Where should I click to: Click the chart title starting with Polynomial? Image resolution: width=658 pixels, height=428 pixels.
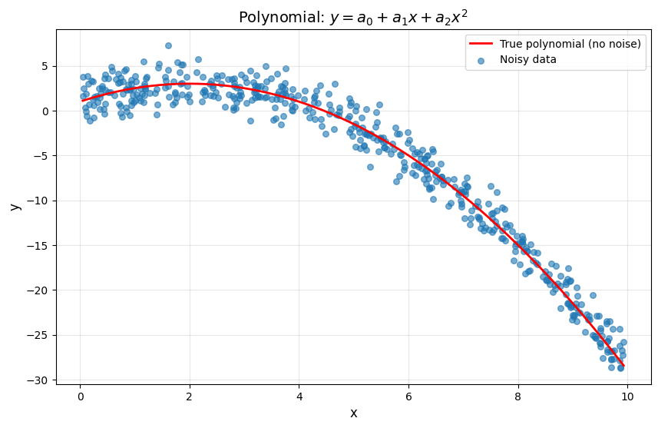coord(353,17)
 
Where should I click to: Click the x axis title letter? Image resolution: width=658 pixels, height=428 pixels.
coord(353,413)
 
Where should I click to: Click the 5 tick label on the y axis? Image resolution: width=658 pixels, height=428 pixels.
coord(45,66)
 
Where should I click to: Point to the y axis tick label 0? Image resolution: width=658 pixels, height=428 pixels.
coord(45,111)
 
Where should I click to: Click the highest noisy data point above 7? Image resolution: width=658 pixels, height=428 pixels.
coord(168,45)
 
